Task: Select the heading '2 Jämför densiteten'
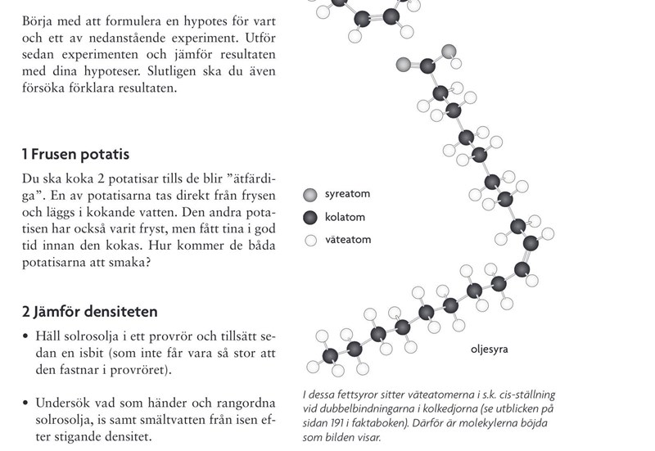89,312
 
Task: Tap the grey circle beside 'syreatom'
309,195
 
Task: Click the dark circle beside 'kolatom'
309,218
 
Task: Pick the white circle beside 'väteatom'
309,241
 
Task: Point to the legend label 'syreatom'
348,195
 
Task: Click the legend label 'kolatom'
346,218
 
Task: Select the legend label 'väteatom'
348,241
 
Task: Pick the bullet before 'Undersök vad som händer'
26,403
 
